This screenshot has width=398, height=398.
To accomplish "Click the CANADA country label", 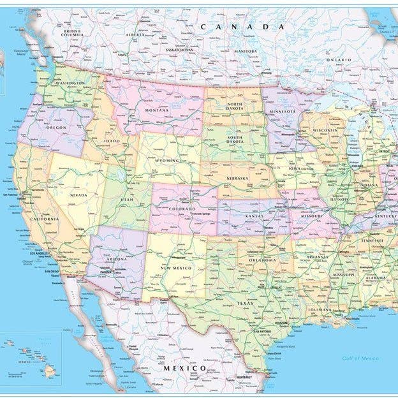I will pos(242,27).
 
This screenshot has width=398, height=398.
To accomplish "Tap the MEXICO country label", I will pos(185,368).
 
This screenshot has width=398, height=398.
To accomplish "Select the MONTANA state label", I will pos(156,110).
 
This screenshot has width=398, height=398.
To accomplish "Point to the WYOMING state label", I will pos(166,161).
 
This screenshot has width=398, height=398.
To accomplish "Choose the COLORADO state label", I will pos(182,209).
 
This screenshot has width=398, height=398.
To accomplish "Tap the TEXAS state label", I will pos(246,303).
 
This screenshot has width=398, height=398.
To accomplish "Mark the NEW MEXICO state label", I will pos(175,268).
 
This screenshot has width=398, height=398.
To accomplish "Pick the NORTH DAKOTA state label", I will pos(235,107).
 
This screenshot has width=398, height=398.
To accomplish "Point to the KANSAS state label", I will pos(259,217).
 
